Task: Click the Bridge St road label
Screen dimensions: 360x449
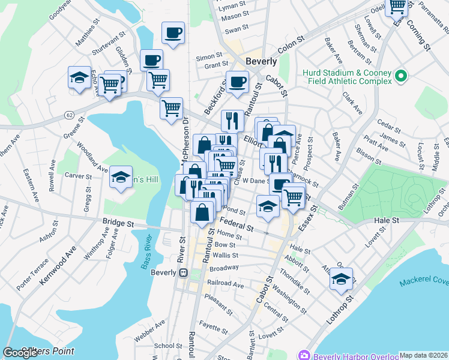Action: click(x=118, y=222)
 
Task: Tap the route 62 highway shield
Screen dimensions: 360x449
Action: click(x=70, y=114)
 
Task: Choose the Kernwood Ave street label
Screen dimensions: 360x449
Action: click(x=59, y=263)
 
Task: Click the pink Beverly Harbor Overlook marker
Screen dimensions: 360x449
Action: click(x=305, y=355)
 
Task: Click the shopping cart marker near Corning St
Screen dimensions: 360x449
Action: click(x=397, y=7)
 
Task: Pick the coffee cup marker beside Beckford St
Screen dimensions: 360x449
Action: click(x=237, y=82)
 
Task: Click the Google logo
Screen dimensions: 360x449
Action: click(x=20, y=353)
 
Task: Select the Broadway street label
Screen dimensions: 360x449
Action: click(x=224, y=268)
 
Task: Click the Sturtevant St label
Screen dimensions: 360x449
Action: click(x=107, y=45)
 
